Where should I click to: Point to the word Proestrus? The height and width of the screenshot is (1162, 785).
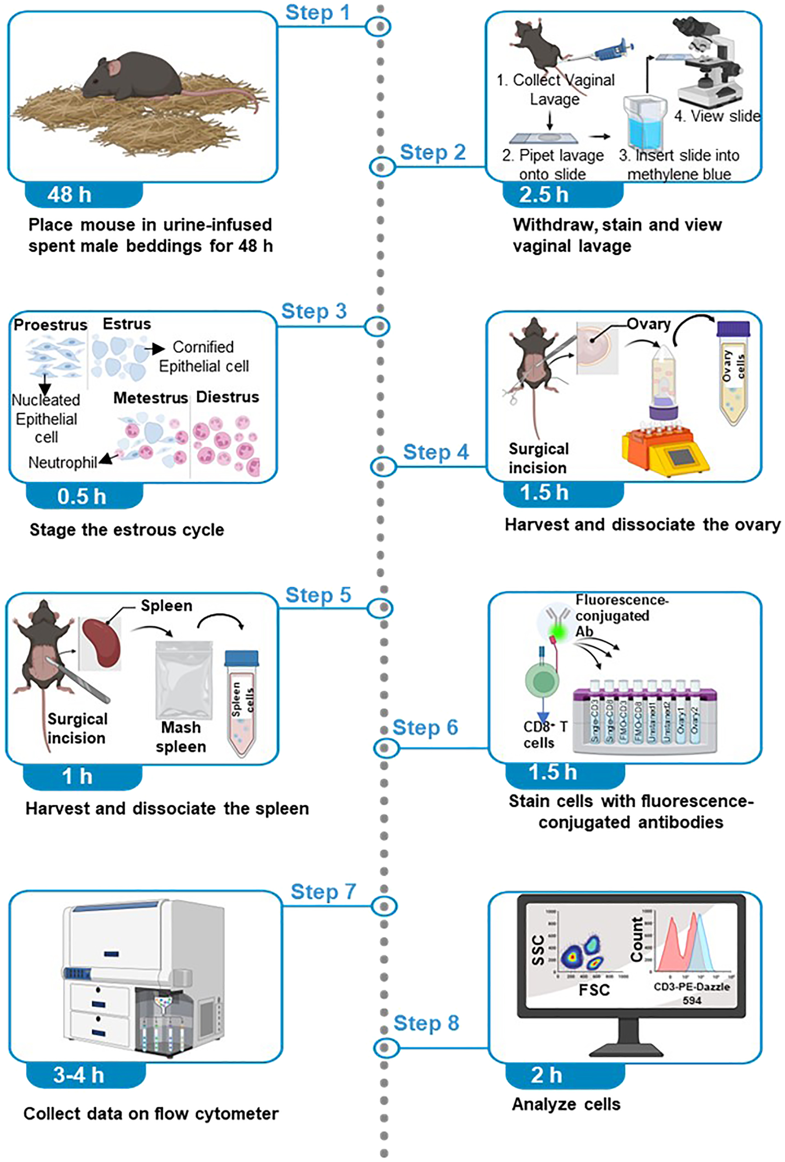tap(50, 325)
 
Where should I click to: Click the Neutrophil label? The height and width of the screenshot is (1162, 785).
tap(63, 463)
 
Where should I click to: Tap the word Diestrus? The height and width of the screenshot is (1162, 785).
tap(228, 397)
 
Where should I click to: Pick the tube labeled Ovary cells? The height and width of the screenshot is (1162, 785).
tap(733, 373)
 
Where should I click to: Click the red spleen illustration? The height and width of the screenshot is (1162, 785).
tap(101, 643)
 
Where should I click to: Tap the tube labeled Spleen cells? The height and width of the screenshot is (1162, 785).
tap(242, 703)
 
